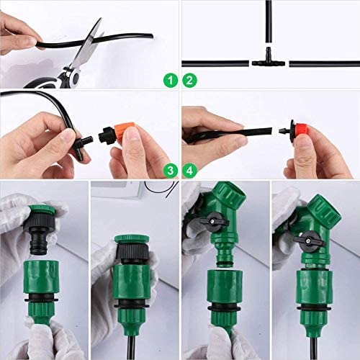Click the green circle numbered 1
pos(170,81)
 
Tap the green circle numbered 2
pos(189,81)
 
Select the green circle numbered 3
pos(170,170)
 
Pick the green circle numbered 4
pos(189,170)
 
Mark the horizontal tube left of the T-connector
pos(216,63)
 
